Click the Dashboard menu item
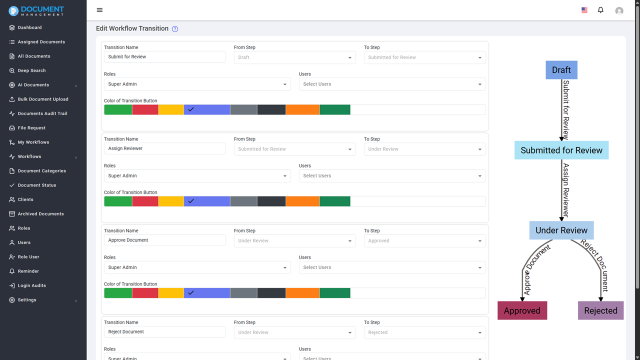pos(29,27)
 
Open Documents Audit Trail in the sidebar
pos(42,113)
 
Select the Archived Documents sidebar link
pos(40,214)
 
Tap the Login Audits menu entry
pos(31,285)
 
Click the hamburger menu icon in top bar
pos(99,10)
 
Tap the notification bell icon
pos(600,10)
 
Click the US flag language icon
pos(584,10)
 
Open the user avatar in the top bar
pos(619,10)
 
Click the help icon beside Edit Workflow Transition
pos(175,29)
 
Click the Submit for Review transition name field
pos(164,57)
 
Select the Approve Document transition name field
pos(164,240)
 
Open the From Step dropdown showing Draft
pos(294,57)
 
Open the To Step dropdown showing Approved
pos(424,241)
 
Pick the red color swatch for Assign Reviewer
pos(145,201)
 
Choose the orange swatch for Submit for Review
pos(302,109)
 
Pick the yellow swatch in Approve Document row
pos(171,293)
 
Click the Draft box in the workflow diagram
pos(561,70)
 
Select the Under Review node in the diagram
pos(561,230)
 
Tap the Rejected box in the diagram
pos(600,310)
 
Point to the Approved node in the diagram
pos(522,310)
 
